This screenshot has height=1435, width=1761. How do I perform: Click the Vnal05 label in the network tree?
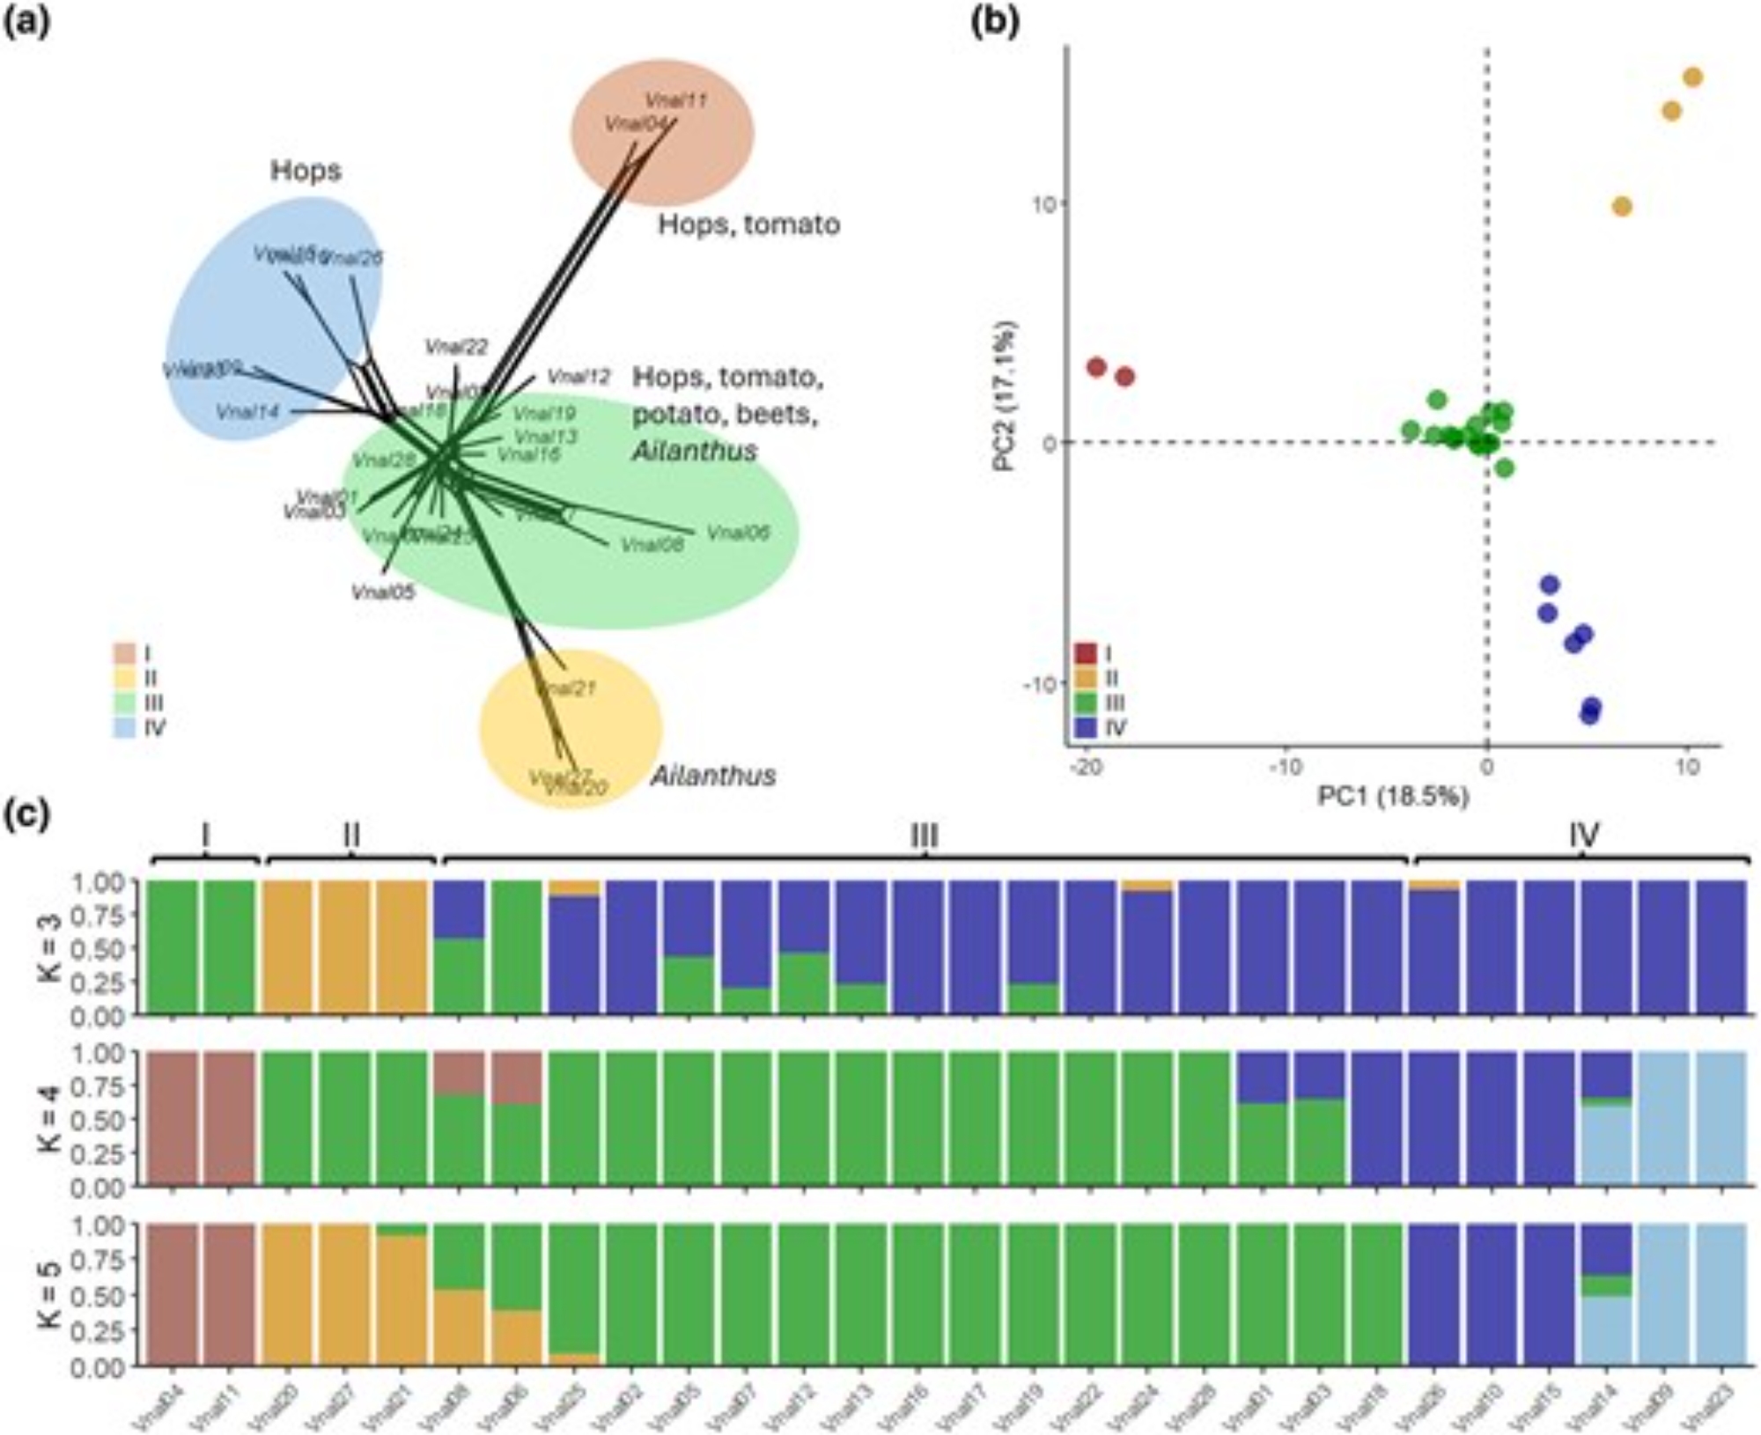[382, 592]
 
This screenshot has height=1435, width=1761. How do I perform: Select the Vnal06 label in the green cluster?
[738, 533]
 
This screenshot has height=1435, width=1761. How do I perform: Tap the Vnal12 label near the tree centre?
[578, 377]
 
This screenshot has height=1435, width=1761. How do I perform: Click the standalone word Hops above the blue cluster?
[306, 171]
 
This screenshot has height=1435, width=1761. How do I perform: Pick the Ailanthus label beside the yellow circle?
[713, 776]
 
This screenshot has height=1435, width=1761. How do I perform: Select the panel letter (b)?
[994, 18]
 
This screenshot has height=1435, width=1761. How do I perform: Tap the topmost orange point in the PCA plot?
[1692, 77]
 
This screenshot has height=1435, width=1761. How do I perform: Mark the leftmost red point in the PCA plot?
[1096, 367]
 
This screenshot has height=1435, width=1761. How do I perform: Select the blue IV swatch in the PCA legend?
[1086, 727]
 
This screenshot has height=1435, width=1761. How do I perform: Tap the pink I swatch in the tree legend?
[123, 653]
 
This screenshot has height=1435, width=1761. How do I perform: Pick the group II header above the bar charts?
[350, 835]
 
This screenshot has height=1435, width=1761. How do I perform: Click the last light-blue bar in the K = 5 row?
[1721, 1294]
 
